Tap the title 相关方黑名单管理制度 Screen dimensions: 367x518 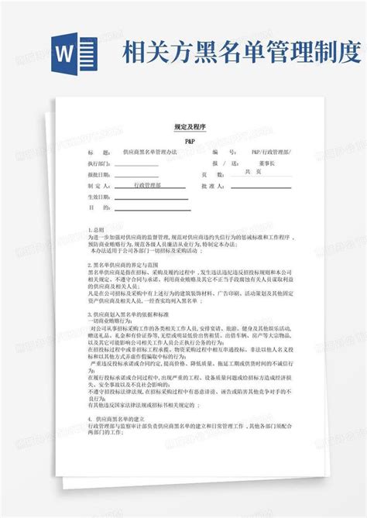(x=239, y=53)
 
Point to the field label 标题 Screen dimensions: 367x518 (x=96, y=154)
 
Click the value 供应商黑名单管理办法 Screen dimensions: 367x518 (x=150, y=154)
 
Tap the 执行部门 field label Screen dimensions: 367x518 (x=99, y=165)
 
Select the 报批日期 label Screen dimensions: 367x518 (x=99, y=176)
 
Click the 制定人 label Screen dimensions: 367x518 (x=99, y=187)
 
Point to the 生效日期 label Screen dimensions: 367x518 (x=99, y=197)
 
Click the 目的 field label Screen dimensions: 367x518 (x=96, y=208)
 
